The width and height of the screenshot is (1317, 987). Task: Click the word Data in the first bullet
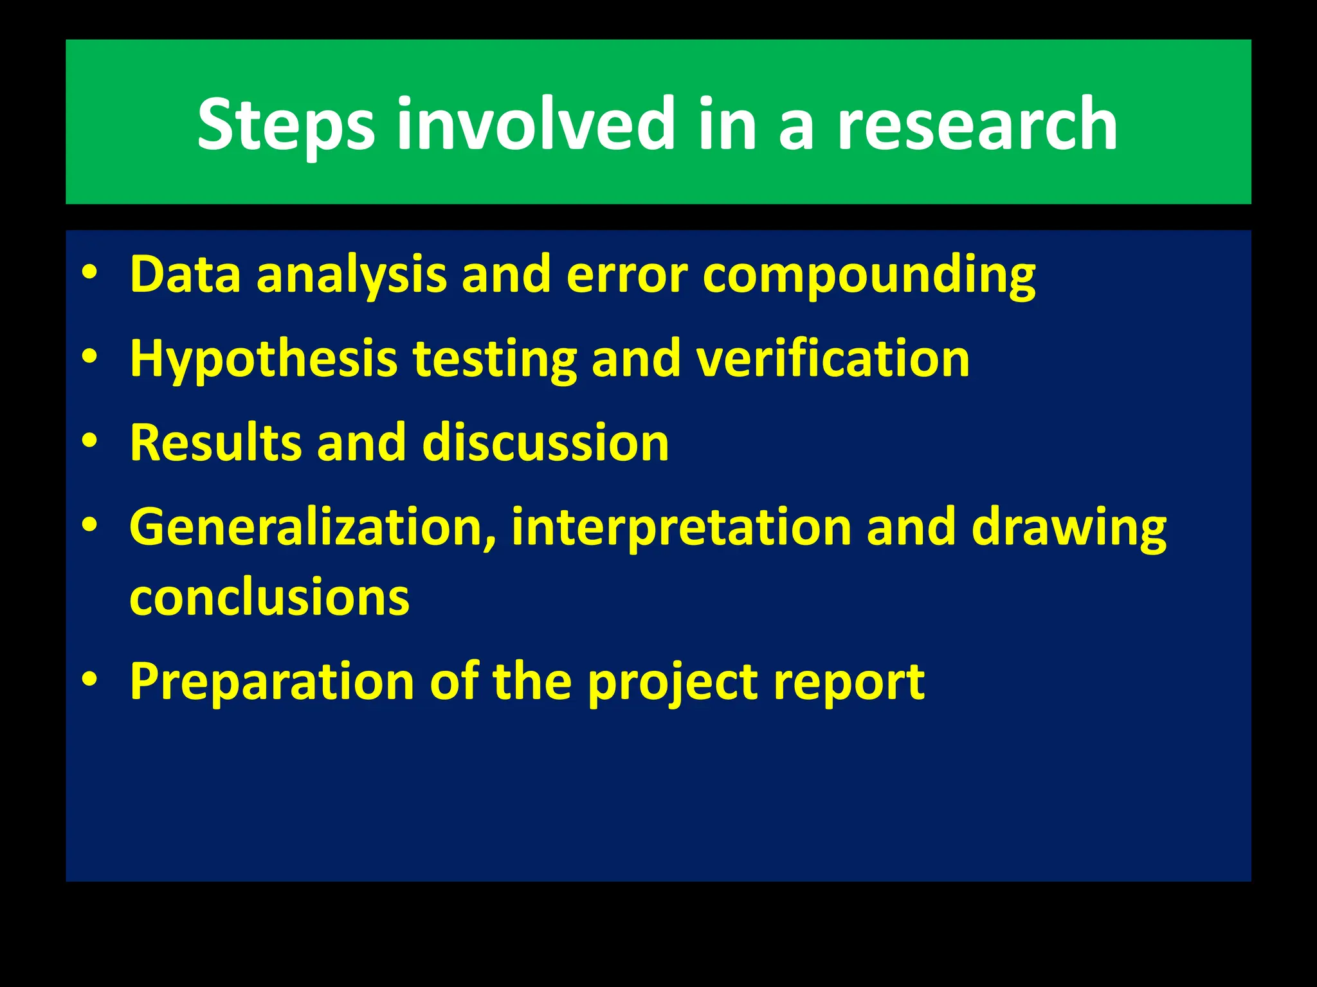click(x=185, y=274)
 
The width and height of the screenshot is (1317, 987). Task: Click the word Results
click(x=215, y=443)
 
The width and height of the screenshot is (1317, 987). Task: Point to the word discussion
click(x=545, y=443)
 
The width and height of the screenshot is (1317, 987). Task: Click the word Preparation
click(x=272, y=682)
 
